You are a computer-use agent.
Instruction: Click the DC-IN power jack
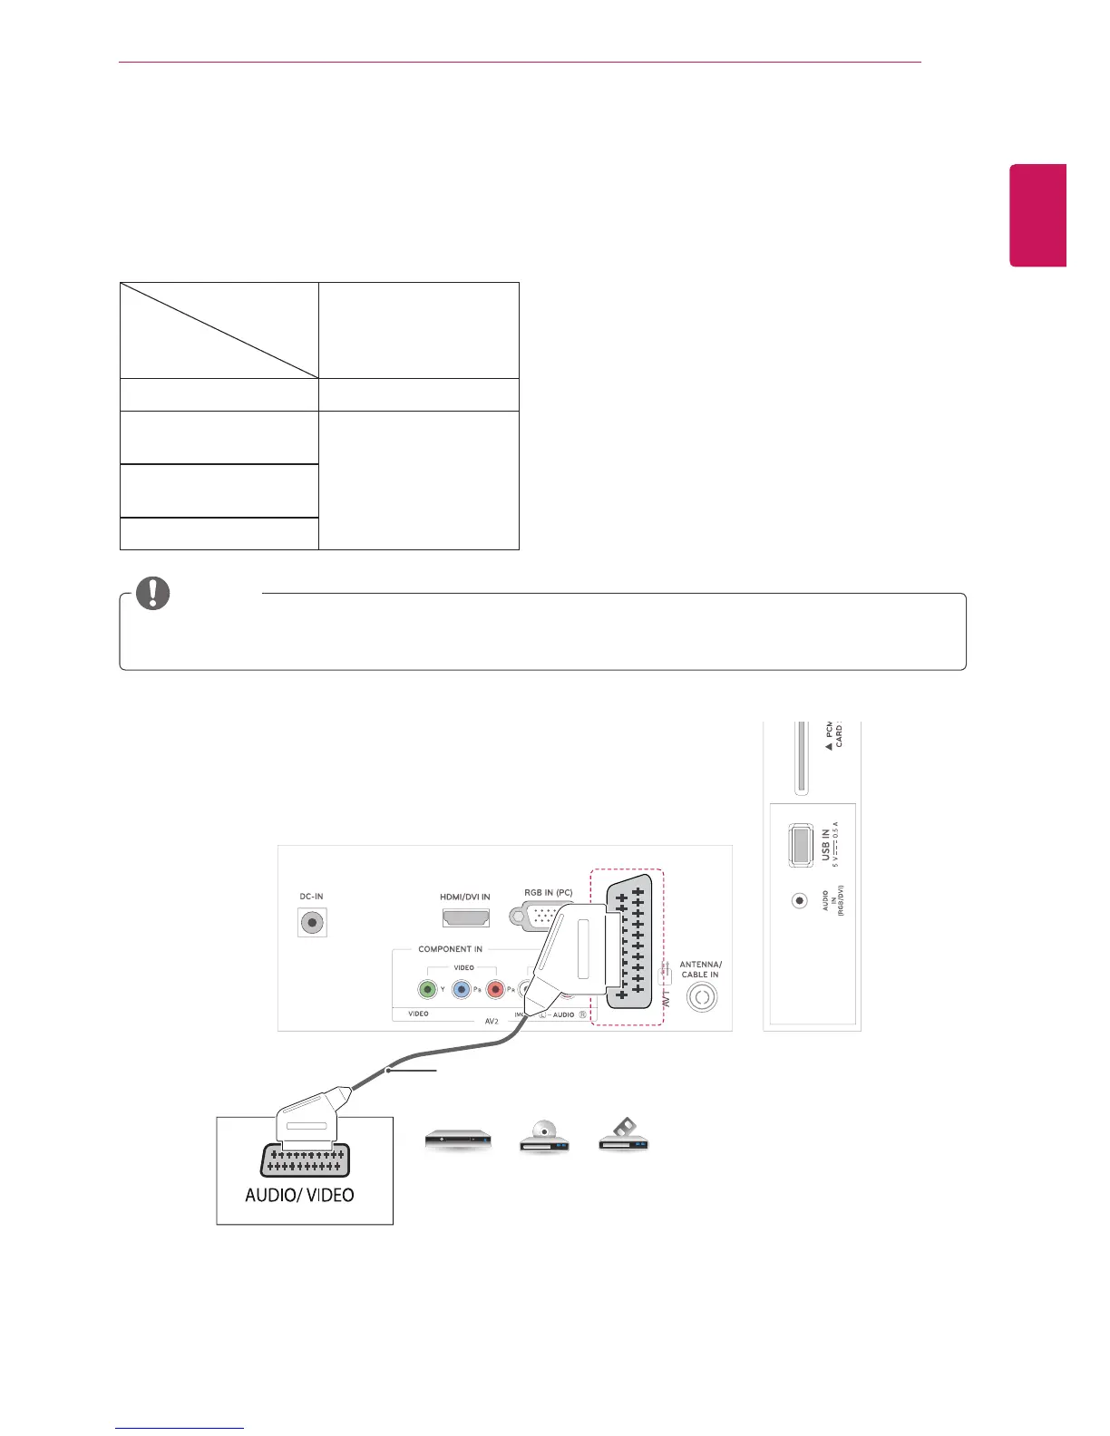(x=312, y=923)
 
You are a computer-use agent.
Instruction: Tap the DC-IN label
(x=312, y=897)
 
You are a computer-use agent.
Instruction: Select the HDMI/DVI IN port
(x=466, y=917)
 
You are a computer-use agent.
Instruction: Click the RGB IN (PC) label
(x=548, y=893)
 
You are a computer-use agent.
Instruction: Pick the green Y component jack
(x=428, y=989)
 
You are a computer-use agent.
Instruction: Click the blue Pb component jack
(x=462, y=989)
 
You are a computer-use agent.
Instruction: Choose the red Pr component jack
(x=495, y=989)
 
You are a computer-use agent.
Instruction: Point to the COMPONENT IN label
(x=450, y=949)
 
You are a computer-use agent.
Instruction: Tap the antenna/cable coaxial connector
(x=701, y=997)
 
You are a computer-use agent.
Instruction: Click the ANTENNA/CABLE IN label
(x=701, y=969)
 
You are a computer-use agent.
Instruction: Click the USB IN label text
(x=825, y=844)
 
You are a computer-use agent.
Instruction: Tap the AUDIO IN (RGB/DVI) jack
(x=799, y=901)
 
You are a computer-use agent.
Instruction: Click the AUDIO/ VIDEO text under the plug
(x=299, y=1195)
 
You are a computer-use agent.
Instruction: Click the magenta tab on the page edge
(x=1038, y=216)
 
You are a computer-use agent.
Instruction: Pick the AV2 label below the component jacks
(x=492, y=1021)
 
